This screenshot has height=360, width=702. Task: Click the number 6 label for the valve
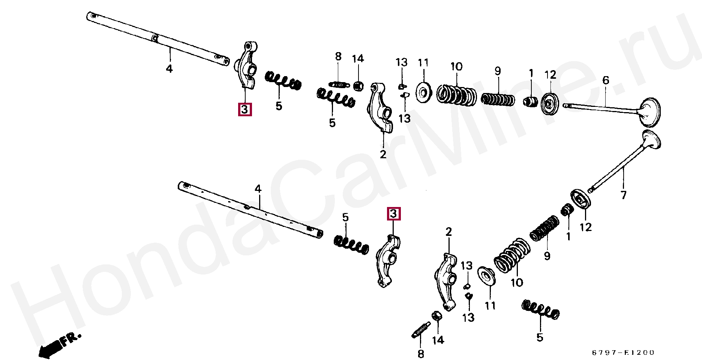click(x=606, y=80)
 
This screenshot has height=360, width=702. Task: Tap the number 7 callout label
click(x=623, y=195)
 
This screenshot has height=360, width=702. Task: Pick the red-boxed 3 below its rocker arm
click(x=244, y=109)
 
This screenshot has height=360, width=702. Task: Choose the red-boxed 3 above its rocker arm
click(x=393, y=214)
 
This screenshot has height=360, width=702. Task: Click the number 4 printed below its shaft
click(x=169, y=69)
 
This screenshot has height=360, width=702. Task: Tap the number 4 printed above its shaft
click(x=258, y=189)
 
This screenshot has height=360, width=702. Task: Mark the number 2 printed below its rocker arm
click(x=383, y=154)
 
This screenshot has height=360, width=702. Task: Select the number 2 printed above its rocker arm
click(x=449, y=232)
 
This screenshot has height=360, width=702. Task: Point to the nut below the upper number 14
click(x=358, y=85)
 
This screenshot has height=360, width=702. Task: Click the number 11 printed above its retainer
click(x=423, y=63)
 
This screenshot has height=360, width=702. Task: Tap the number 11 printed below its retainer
click(x=490, y=306)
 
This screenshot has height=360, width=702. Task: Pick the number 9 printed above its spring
click(x=498, y=71)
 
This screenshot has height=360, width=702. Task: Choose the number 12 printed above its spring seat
click(x=550, y=75)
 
